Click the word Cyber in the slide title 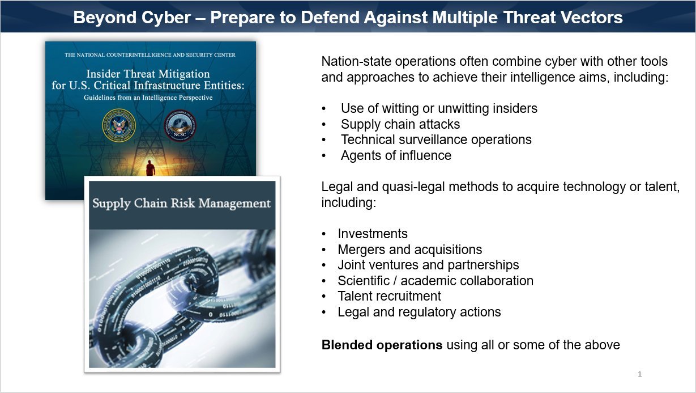(x=166, y=18)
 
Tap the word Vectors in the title (x=592, y=17)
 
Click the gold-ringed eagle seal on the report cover (x=119, y=125)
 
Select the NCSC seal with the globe (x=180, y=125)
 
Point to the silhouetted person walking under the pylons (x=151, y=168)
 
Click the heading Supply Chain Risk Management (x=181, y=203)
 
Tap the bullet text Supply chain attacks (x=400, y=124)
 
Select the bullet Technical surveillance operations (x=436, y=140)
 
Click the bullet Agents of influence (x=396, y=155)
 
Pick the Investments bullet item (x=373, y=234)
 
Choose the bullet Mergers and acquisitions (x=410, y=250)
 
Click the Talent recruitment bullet (x=389, y=296)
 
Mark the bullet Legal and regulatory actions (x=419, y=312)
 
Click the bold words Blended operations (x=382, y=345)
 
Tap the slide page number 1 (x=639, y=374)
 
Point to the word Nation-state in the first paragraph (x=356, y=61)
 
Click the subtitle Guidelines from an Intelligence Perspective (x=148, y=98)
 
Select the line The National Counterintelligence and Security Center (x=150, y=55)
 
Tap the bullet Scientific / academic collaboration (x=435, y=281)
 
